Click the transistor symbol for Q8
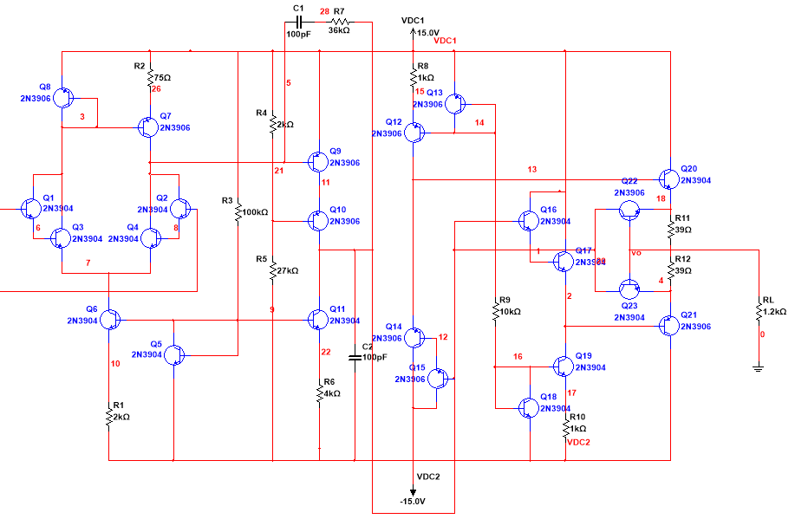pyautogui.click(x=63, y=99)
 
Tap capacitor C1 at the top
pyautogui.click(x=299, y=23)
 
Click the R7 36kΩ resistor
pyautogui.click(x=339, y=23)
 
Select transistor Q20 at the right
pyautogui.click(x=668, y=179)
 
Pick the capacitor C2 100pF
pyautogui.click(x=355, y=356)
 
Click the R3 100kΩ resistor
pyautogui.click(x=238, y=211)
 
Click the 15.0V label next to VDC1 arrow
pyautogui.click(x=429, y=33)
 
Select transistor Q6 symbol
pyautogui.click(x=109, y=320)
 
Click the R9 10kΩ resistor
pyautogui.click(x=494, y=311)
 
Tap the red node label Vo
pyautogui.click(x=636, y=254)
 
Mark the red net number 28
pyautogui.click(x=324, y=11)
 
